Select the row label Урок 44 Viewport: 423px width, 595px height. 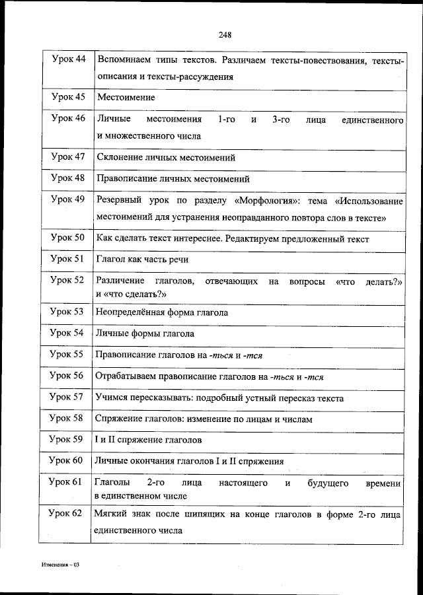click(x=68, y=60)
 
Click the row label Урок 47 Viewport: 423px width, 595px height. click(x=68, y=157)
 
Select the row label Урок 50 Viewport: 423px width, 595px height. click(x=68, y=238)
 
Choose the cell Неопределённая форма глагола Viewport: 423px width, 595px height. click(x=162, y=312)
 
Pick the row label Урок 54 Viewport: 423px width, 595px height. click(x=68, y=333)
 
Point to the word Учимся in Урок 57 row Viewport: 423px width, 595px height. click(x=113, y=398)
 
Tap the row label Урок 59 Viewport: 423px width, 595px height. click(x=68, y=439)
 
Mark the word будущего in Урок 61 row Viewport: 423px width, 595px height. click(x=328, y=483)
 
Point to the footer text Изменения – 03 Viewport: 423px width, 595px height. click(x=59, y=566)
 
